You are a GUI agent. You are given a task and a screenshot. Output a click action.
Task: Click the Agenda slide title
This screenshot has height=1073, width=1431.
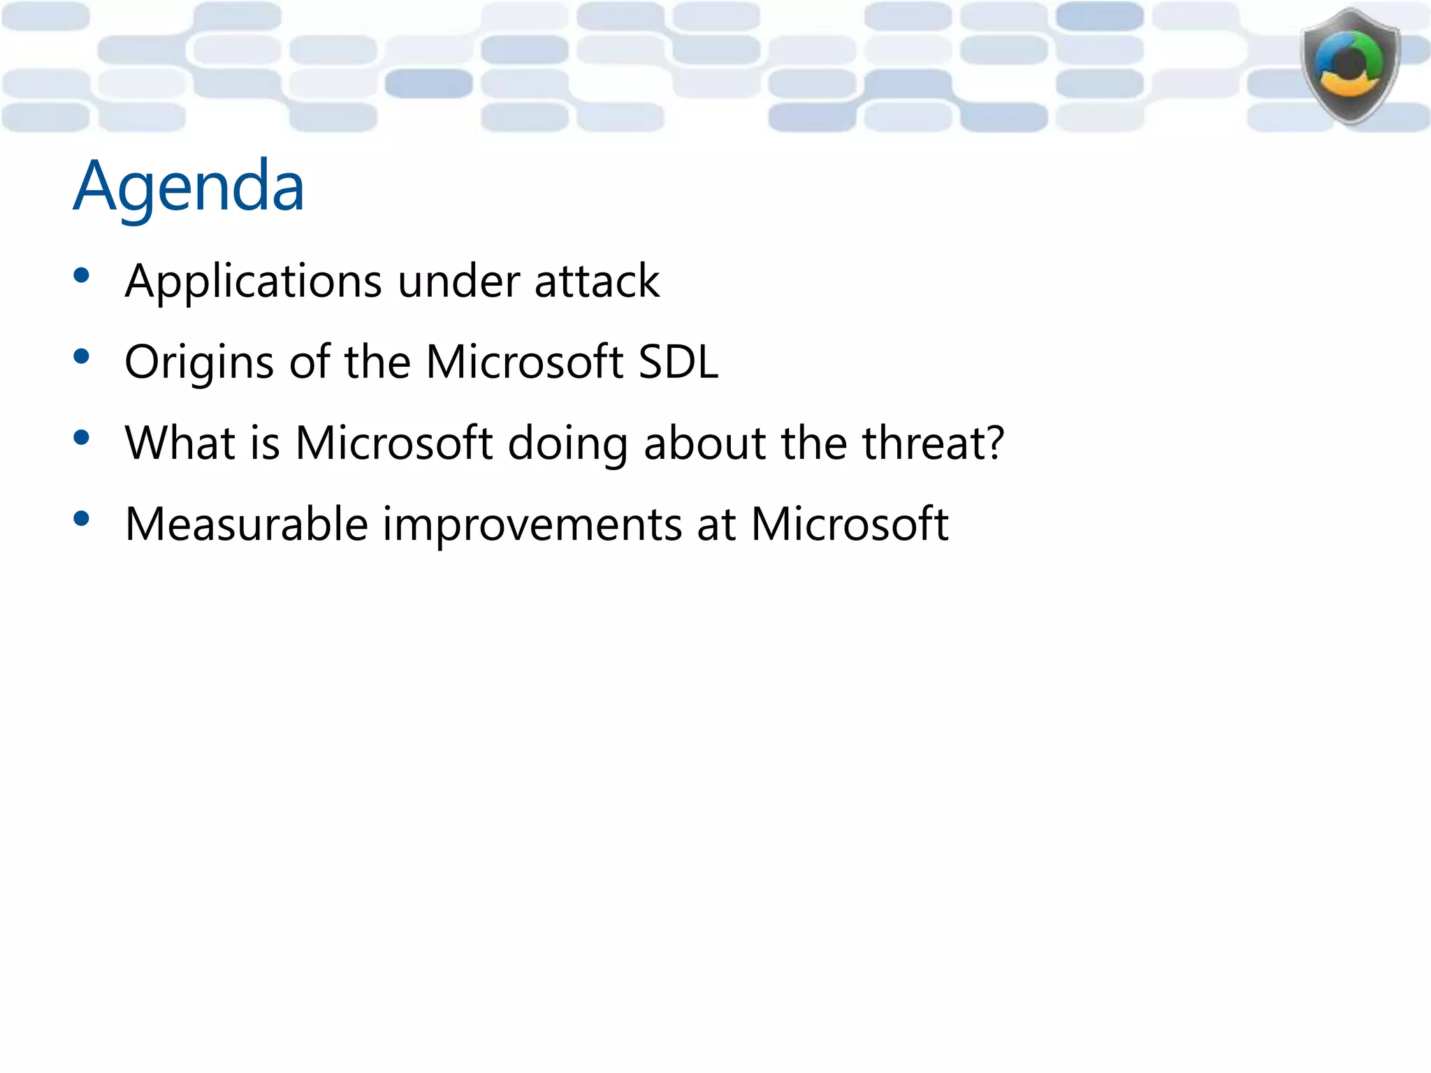(x=189, y=186)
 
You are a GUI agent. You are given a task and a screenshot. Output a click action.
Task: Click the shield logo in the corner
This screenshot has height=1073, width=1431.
(x=1350, y=66)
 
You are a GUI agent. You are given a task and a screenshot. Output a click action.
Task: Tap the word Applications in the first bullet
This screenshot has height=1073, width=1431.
(x=253, y=282)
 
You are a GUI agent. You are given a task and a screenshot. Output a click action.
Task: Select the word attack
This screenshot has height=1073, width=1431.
(x=597, y=282)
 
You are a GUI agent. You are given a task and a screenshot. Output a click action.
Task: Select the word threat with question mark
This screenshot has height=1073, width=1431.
(x=934, y=443)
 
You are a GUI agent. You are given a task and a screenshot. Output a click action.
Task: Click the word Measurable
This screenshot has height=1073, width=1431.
(x=246, y=524)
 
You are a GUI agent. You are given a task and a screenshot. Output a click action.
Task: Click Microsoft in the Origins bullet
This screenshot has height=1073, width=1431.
(x=524, y=362)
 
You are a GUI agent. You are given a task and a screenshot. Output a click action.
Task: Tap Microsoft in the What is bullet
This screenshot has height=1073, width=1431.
(x=393, y=443)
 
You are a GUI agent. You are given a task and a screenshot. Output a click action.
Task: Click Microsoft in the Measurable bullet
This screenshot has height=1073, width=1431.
(x=849, y=524)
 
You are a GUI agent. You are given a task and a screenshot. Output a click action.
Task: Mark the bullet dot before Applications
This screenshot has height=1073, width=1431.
(x=82, y=276)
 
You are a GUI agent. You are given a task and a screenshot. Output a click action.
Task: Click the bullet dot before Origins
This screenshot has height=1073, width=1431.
(x=82, y=357)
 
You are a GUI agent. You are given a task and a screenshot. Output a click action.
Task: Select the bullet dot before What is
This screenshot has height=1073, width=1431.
(x=82, y=438)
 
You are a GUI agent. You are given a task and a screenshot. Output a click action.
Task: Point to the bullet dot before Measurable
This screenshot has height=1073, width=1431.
(x=82, y=519)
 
